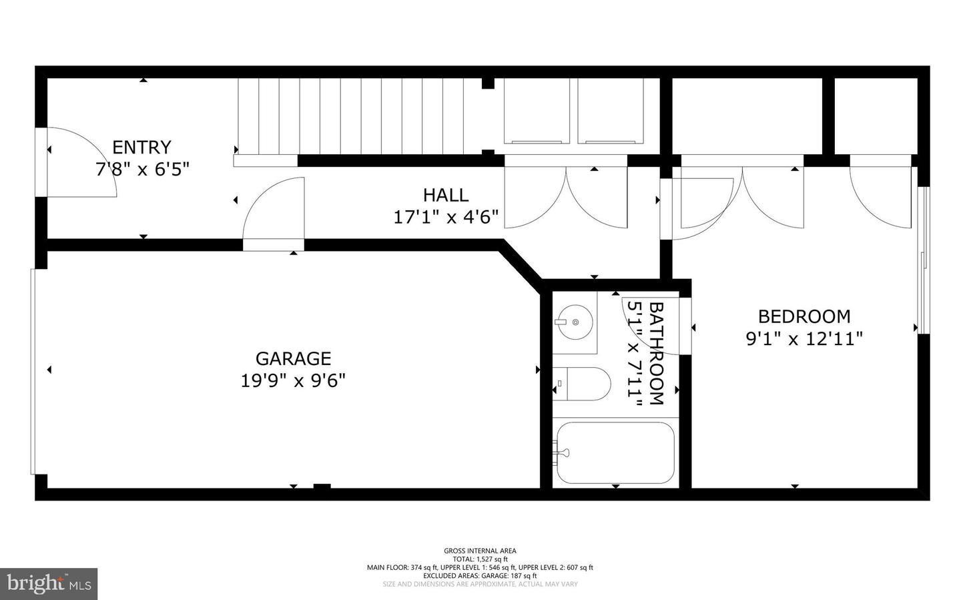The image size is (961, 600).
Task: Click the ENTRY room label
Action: click(141, 147)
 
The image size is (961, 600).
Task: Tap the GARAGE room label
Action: click(293, 358)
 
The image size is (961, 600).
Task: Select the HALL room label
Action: click(445, 195)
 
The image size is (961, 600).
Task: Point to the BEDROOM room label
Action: click(804, 316)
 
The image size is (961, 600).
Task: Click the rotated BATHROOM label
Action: click(657, 353)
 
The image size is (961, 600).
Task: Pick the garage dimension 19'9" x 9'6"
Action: click(293, 380)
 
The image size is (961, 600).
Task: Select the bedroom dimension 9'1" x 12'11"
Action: click(804, 339)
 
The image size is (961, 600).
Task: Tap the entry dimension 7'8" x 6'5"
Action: click(142, 169)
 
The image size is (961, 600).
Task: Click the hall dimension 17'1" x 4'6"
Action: click(446, 217)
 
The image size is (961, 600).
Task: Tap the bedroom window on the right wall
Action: click(924, 260)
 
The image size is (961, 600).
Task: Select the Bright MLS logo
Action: click(48, 584)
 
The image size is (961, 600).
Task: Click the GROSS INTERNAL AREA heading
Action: click(480, 551)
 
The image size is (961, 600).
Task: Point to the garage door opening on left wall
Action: click(33, 371)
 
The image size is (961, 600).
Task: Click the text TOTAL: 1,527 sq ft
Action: click(480, 559)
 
